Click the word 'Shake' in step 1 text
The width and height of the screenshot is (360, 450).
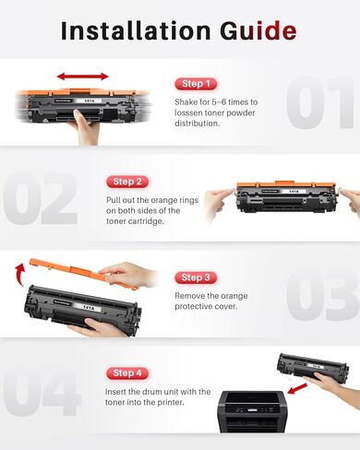187,102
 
